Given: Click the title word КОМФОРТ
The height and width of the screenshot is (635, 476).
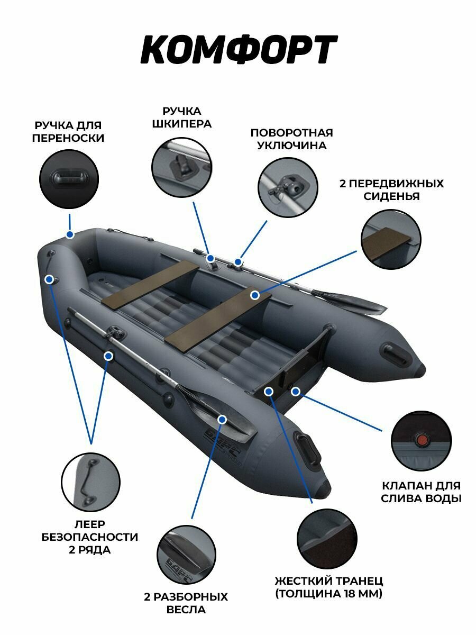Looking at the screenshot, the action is (x=238, y=50).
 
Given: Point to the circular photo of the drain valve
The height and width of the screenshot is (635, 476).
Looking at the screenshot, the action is (x=421, y=441).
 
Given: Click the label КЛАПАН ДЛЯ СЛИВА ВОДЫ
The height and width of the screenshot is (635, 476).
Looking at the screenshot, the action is (x=421, y=492).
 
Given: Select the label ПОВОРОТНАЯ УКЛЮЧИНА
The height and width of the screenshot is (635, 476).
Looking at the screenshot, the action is (x=291, y=139).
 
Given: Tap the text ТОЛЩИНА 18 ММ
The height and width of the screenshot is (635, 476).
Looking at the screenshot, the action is (x=328, y=594).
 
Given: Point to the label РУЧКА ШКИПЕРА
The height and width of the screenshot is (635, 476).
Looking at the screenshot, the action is (x=182, y=117).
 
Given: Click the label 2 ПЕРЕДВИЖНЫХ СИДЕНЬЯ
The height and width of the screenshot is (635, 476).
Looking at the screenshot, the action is (x=391, y=190).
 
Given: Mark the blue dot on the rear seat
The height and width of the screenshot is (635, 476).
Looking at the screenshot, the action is (x=255, y=295).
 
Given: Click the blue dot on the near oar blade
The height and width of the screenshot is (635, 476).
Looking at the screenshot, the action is (x=222, y=419).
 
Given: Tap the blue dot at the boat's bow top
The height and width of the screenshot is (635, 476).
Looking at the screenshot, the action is (x=69, y=234).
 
